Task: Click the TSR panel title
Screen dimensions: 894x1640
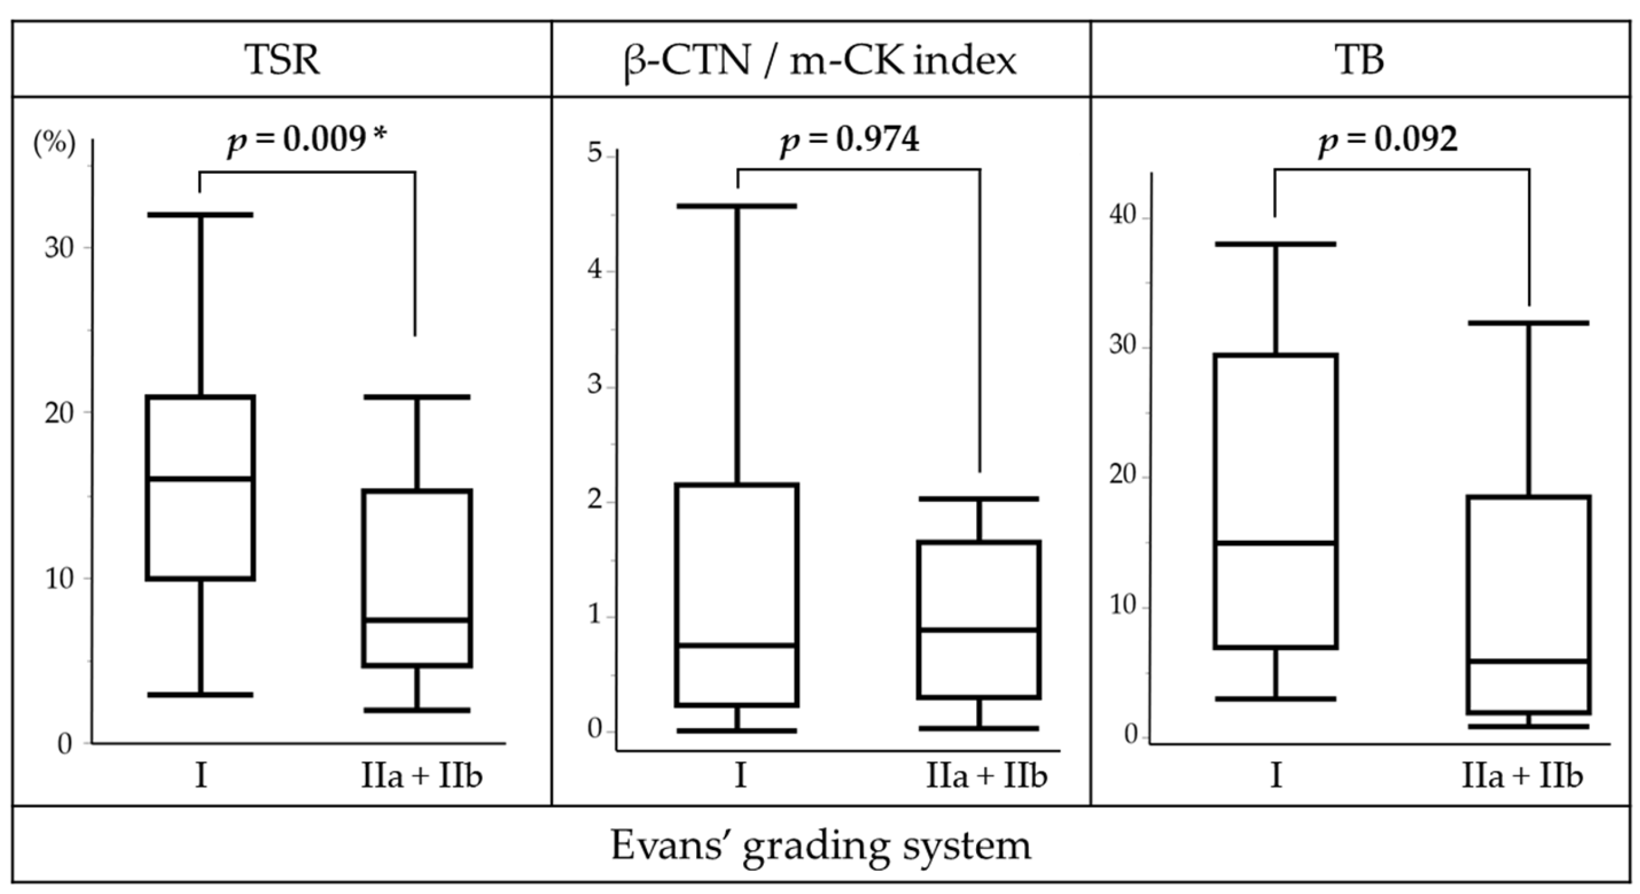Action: [x=282, y=60]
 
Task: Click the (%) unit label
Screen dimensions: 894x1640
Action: [x=54, y=143]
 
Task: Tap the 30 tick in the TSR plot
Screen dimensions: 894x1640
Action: [x=59, y=248]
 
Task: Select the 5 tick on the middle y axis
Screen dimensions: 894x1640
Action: [x=594, y=154]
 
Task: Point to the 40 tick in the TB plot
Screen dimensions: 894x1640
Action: [x=1122, y=216]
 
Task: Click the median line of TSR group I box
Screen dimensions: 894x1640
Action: [x=201, y=478]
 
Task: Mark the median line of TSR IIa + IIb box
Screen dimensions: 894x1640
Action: [x=417, y=620]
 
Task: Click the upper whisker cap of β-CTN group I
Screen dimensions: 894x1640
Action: [x=737, y=206]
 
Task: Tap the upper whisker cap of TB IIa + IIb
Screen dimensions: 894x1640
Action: [x=1528, y=323]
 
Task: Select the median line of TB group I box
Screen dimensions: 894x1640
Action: [x=1275, y=543]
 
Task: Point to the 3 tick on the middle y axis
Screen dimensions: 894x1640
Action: [x=594, y=385]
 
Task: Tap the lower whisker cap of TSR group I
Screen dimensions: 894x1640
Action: [x=201, y=695]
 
